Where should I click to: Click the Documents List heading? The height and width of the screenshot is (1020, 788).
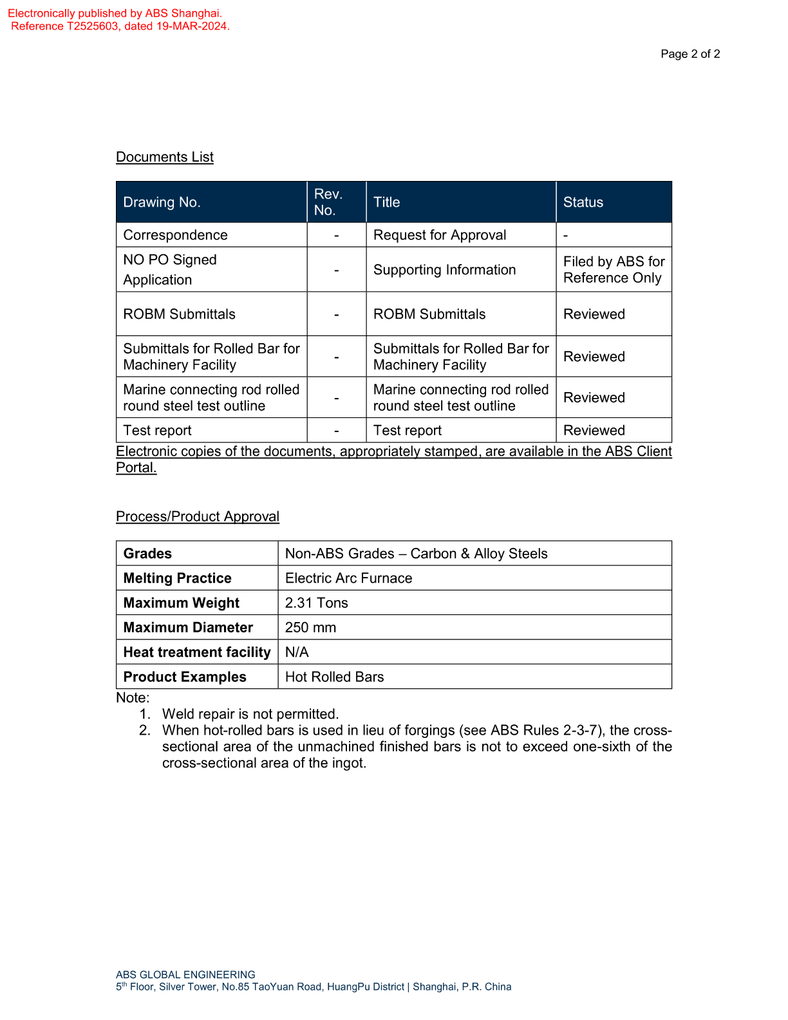pyautogui.click(x=165, y=157)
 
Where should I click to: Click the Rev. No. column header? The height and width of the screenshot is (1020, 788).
pyautogui.click(x=328, y=202)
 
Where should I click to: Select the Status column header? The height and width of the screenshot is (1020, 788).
pyautogui.click(x=583, y=202)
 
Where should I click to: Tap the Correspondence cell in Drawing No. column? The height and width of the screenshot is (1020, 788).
pyautogui.click(x=175, y=235)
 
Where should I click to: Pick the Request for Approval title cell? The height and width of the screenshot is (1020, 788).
pyautogui.click(x=440, y=235)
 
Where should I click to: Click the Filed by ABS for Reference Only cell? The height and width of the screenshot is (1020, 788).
pyautogui.click(x=614, y=270)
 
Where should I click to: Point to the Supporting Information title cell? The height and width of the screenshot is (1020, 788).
pyautogui.click(x=444, y=270)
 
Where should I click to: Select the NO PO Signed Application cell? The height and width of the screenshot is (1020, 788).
pyautogui.click(x=170, y=270)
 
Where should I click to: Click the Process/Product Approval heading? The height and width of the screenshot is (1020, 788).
pyautogui.click(x=198, y=516)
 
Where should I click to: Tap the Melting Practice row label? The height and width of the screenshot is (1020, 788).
pyautogui.click(x=177, y=578)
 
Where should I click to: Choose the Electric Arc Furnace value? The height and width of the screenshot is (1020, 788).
pyautogui.click(x=348, y=578)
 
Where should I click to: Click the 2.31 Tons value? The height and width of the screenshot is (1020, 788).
pyautogui.click(x=316, y=603)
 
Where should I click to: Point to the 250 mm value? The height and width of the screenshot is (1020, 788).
pyautogui.click(x=310, y=627)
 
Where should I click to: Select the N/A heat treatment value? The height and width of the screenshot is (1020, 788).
pyautogui.click(x=297, y=652)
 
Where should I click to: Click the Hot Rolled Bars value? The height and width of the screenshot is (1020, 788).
pyautogui.click(x=334, y=677)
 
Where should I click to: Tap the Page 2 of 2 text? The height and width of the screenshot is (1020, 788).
pyautogui.click(x=690, y=54)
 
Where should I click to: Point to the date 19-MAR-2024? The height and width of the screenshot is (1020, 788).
pyautogui.click(x=192, y=26)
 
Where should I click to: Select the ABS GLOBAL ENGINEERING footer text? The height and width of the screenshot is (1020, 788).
pyautogui.click(x=185, y=975)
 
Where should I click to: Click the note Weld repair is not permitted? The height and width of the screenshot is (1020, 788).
pyautogui.click(x=250, y=714)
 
